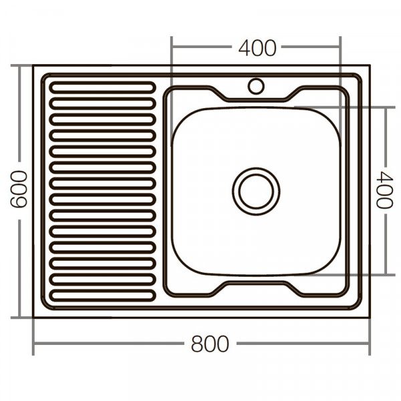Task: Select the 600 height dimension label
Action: pos(19,189)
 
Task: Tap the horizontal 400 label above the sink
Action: pos(257,47)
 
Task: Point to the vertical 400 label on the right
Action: pos(384,190)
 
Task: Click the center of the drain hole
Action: pos(256,191)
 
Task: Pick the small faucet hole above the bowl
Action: pos(256,86)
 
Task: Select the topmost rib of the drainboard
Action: pos(102,88)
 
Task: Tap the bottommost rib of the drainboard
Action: pos(102,295)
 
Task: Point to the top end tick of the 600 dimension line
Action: pos(20,65)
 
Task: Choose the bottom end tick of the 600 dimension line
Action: pos(20,317)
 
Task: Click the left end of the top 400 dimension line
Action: pos(172,47)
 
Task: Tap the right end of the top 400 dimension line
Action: pos(341,47)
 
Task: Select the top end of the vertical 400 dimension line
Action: pos(385,107)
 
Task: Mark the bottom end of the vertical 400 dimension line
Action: pos(385,275)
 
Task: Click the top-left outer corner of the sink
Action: pos(33,65)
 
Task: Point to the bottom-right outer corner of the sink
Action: pos(369,317)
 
